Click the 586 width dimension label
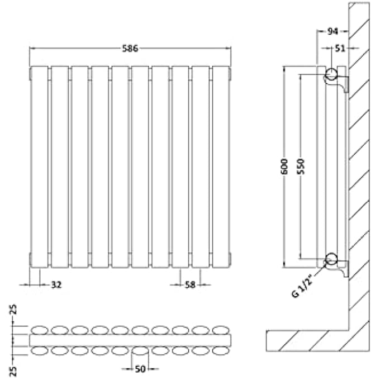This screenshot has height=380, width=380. click(x=130, y=48)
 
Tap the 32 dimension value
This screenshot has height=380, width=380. click(x=56, y=285)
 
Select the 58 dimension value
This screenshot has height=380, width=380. click(x=190, y=285)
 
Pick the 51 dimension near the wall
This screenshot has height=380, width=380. click(x=339, y=48)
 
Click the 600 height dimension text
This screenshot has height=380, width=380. click(x=284, y=166)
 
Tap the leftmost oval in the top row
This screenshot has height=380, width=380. click(x=39, y=330)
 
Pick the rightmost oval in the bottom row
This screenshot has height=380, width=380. click(x=221, y=351)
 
